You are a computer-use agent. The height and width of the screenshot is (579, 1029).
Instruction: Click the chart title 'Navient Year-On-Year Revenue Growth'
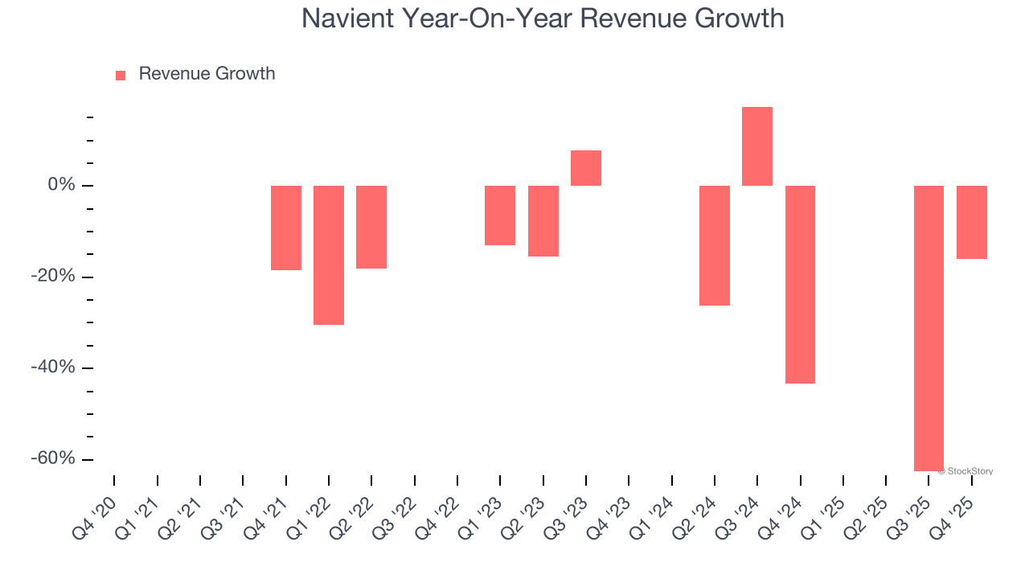[x=543, y=18]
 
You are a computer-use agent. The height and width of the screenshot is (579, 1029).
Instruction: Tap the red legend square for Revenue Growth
[x=121, y=75]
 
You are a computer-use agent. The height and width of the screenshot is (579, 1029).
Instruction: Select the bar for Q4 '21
[x=286, y=228]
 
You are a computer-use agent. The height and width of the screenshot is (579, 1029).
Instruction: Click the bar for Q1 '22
[x=329, y=255]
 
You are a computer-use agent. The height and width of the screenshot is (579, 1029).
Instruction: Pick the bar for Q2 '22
[x=371, y=227]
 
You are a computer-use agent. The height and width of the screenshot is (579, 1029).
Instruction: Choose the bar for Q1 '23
[x=500, y=216]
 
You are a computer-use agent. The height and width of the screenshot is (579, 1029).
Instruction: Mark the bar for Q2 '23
[x=543, y=221]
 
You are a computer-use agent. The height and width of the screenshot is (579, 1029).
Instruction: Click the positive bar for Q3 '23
[x=586, y=168]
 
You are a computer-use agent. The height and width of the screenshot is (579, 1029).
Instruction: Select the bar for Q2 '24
[x=715, y=245]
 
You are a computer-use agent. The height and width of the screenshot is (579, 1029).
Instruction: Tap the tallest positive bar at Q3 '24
[x=757, y=146]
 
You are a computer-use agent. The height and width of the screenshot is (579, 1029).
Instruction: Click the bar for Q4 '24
[x=800, y=285]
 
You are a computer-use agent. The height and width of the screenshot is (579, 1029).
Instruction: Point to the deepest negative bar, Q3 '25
[x=929, y=328]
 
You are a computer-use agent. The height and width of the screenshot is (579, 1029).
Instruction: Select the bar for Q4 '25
[x=972, y=222]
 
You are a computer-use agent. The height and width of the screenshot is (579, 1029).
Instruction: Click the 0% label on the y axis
[x=62, y=186]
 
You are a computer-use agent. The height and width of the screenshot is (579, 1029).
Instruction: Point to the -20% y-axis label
[x=55, y=277]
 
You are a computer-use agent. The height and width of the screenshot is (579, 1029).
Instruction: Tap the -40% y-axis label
[x=55, y=368]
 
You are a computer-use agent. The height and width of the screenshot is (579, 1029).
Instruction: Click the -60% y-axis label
[x=55, y=458]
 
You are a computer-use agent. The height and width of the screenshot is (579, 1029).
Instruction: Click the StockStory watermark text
[x=968, y=471]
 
